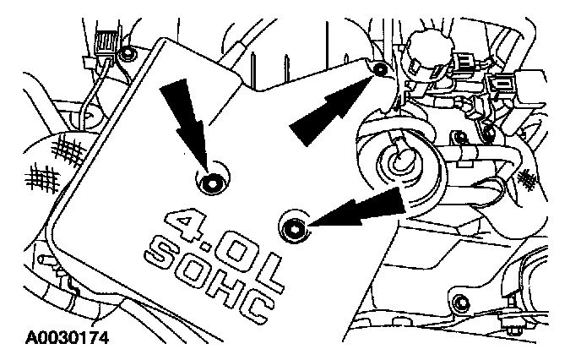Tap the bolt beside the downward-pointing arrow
click(209, 180)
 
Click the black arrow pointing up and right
click(329, 107)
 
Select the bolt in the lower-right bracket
click(459, 304)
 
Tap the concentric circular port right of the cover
click(395, 163)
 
